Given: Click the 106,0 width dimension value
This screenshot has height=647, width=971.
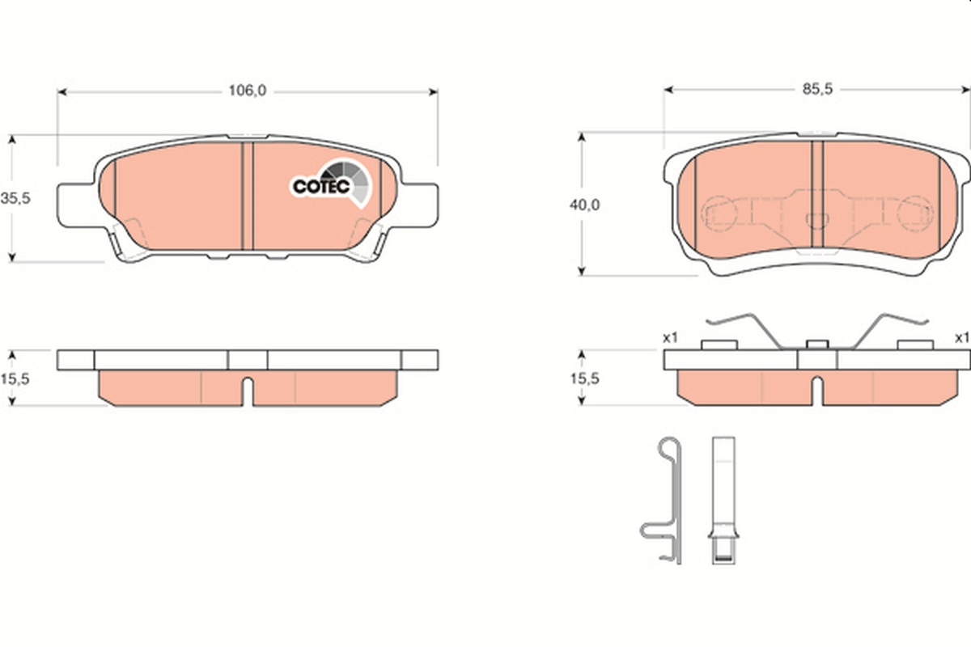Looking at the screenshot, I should [x=248, y=91].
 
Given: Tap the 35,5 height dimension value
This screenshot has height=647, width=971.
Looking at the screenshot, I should [x=15, y=198].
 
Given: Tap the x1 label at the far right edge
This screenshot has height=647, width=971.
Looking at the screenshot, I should [x=961, y=337].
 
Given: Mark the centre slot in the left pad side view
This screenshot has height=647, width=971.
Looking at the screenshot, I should [x=248, y=391].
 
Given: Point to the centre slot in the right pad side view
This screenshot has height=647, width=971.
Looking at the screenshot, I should [x=816, y=391].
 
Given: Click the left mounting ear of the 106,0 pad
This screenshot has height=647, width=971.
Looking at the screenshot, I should [x=76, y=204].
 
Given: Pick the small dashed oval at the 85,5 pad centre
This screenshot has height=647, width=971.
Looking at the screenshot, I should [x=817, y=219].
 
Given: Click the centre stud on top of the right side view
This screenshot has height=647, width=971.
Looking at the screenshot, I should [x=817, y=345].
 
